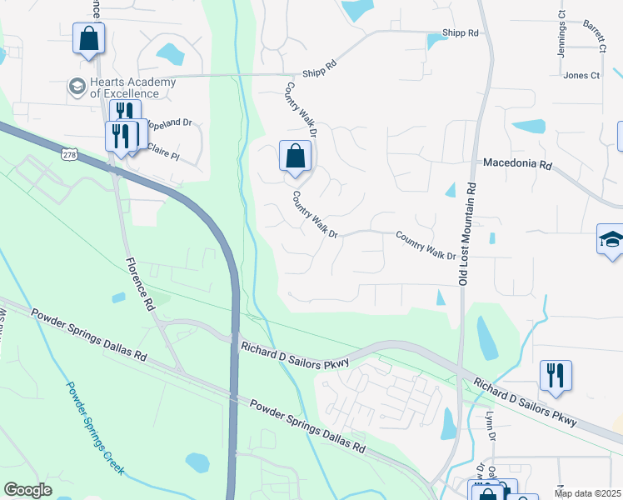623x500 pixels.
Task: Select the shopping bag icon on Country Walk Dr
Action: (295, 156)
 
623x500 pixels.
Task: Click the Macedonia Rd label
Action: (517, 165)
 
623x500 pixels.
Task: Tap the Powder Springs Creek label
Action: (95, 428)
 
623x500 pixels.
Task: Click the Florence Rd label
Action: (140, 283)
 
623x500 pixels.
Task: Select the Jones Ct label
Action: (581, 76)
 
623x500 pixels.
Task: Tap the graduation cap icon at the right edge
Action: (611, 240)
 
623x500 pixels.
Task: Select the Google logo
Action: (27, 490)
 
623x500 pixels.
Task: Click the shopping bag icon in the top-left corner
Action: (88, 38)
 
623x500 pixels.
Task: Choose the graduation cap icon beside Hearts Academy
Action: (77, 87)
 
